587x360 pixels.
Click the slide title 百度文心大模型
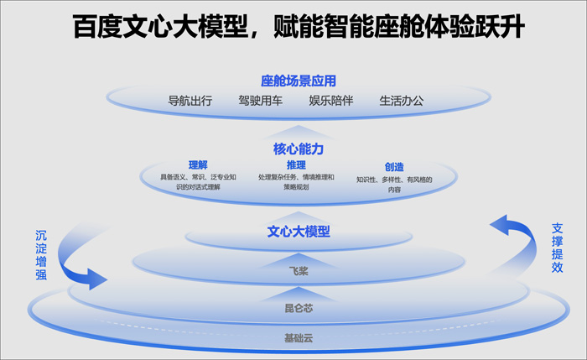(x=161, y=27)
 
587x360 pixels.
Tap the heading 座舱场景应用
(x=299, y=81)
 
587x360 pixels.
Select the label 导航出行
(x=190, y=101)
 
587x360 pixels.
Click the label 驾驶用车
(x=261, y=101)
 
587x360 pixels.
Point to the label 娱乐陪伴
(x=331, y=101)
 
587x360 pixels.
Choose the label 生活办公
(x=402, y=101)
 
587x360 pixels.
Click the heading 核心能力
(x=299, y=149)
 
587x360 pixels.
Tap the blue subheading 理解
(x=198, y=164)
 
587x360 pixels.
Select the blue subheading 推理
(x=296, y=164)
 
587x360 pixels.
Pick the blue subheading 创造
(x=394, y=167)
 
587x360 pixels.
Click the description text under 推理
(x=296, y=182)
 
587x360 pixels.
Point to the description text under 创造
(x=394, y=185)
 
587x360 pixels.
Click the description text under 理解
(x=198, y=182)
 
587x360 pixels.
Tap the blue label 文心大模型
(x=299, y=232)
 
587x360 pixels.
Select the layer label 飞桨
(x=299, y=271)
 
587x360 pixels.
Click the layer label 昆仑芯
(x=299, y=308)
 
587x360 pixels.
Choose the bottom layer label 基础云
(x=299, y=338)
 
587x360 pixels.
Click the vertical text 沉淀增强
(x=41, y=255)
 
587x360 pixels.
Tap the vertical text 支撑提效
(x=557, y=248)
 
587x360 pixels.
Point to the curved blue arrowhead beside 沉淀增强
(x=96, y=279)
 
